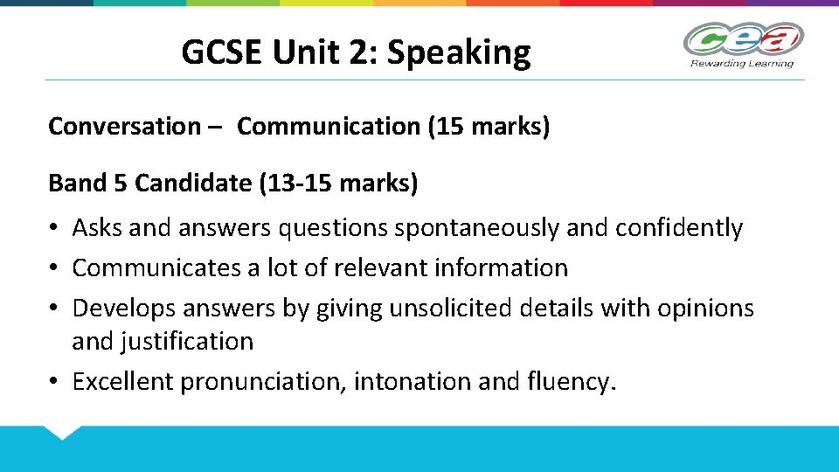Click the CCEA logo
point(742,40)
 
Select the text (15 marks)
point(489,127)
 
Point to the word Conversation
point(124,127)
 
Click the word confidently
point(679,228)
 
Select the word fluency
point(572,382)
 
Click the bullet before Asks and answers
point(55,229)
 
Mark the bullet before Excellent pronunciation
point(55,382)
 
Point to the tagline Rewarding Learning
point(742,63)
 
